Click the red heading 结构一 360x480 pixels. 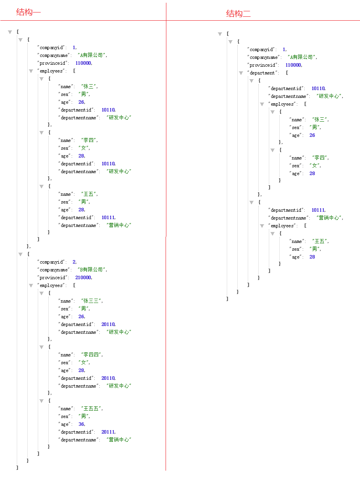coord(28,12)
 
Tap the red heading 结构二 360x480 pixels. coord(238,14)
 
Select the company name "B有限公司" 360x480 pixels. coord(92,269)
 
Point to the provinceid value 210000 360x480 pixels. coord(83,278)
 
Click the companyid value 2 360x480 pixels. coord(74,262)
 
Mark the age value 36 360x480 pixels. coord(81,424)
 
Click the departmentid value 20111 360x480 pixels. coord(108,432)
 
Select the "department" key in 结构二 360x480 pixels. coord(262,73)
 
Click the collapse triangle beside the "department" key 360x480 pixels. coord(241,73)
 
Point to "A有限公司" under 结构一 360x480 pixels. coord(92,55)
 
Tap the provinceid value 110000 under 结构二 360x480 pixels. coord(293,65)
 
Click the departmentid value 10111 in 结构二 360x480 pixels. coord(318,210)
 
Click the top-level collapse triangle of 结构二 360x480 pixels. coord(220,34)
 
